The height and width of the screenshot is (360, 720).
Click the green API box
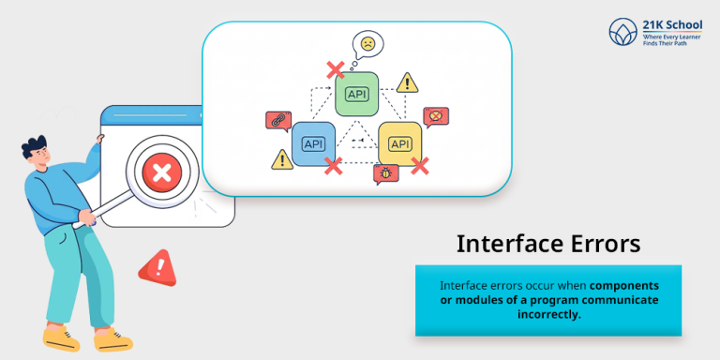[357, 93]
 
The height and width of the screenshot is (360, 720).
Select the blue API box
[313, 143]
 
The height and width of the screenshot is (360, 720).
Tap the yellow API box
[399, 143]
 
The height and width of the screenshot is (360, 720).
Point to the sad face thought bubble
[368, 43]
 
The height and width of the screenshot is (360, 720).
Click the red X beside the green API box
[333, 69]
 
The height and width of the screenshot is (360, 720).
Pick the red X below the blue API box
[333, 165]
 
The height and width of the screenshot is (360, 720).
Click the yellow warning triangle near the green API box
[407, 82]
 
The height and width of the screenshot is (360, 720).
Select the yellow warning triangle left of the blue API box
[281, 159]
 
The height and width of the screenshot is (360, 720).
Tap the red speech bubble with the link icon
[277, 120]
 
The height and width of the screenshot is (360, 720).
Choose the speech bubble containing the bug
[385, 173]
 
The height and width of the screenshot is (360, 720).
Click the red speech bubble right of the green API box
[433, 116]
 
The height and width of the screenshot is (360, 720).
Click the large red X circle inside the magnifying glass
[161, 172]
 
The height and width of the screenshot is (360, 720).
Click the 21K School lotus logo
[622, 33]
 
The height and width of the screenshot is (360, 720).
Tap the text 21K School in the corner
[672, 23]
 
